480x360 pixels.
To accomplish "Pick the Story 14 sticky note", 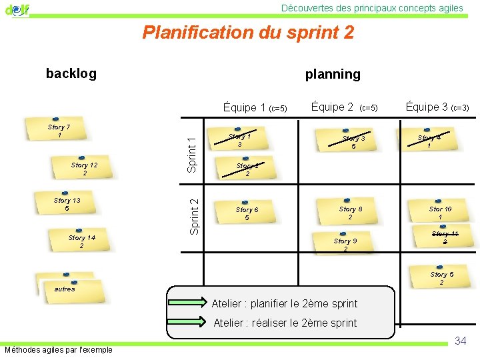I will click(82, 241).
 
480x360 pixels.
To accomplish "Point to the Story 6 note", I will click(247, 213).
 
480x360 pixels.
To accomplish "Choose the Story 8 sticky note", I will click(351, 213).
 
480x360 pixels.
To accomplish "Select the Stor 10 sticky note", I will click(440, 213).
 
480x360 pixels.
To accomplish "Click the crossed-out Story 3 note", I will click(353, 142).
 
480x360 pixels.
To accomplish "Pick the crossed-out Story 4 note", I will click(430, 141).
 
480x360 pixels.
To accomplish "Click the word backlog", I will click(71, 73).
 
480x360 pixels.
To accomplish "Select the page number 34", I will click(460, 341).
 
